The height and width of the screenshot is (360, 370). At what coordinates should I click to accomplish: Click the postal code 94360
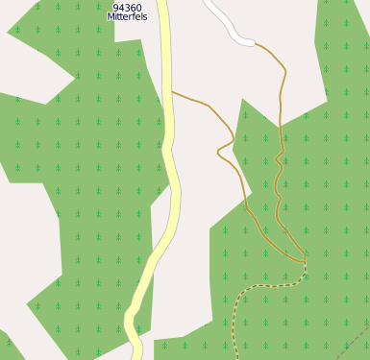(127, 8)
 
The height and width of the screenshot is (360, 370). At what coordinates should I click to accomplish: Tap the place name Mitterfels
(127, 17)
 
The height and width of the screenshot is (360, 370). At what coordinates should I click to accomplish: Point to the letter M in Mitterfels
(111, 17)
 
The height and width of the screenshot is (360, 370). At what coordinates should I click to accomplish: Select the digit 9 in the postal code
(115, 8)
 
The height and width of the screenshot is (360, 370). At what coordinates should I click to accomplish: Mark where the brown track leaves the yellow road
(173, 92)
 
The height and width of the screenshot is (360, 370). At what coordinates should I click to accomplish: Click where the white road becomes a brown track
(256, 43)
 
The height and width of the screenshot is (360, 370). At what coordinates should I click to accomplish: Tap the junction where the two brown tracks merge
(304, 261)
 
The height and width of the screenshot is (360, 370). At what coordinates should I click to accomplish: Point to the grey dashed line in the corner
(356, 341)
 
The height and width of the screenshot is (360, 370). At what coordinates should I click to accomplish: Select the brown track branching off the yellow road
(202, 101)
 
